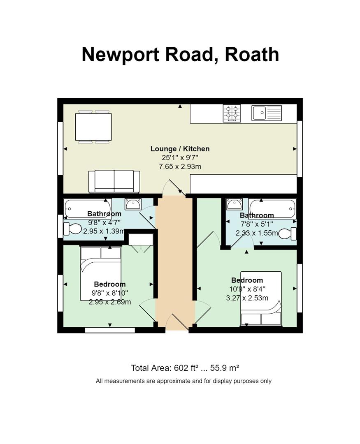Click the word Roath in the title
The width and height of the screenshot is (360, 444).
252,54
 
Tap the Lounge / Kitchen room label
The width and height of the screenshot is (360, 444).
180,149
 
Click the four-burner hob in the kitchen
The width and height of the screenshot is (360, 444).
232,113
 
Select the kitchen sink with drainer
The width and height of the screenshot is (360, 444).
267,113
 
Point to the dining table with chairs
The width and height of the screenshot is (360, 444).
93,127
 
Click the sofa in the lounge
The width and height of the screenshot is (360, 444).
114,182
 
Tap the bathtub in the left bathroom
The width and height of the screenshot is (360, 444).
88,208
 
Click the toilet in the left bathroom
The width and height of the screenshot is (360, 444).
72,229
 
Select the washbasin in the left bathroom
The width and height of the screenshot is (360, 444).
132,204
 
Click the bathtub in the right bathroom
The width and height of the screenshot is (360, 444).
272,209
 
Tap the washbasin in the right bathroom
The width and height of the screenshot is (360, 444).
235,204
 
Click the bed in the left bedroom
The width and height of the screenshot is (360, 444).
101,273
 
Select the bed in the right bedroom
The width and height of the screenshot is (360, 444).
261,298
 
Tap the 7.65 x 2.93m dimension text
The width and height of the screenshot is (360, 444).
180,166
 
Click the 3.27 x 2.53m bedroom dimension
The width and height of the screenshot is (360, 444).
247,298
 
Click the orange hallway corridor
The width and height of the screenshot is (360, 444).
175,264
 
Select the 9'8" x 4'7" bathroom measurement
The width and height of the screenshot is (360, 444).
105,222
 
